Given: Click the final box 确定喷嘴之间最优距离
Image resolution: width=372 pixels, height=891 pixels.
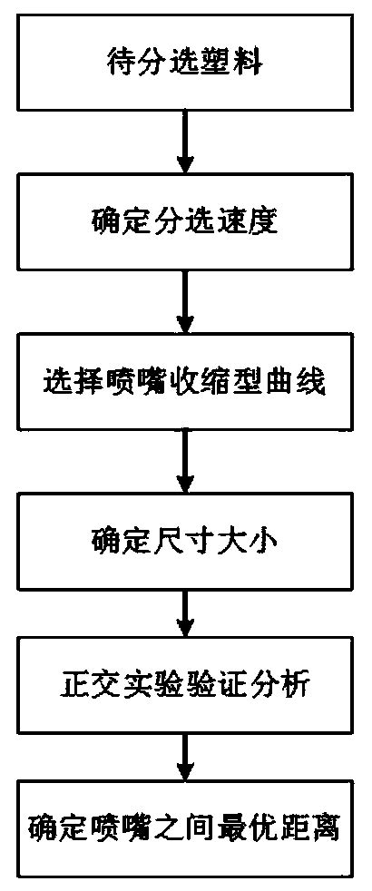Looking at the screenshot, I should [x=185, y=829].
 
